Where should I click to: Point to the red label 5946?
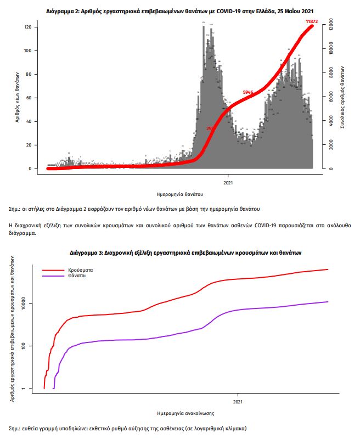248,92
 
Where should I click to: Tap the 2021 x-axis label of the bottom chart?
238,402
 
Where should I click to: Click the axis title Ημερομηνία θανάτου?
180,194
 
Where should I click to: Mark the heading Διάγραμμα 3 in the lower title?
87,252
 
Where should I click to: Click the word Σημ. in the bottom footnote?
15,427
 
